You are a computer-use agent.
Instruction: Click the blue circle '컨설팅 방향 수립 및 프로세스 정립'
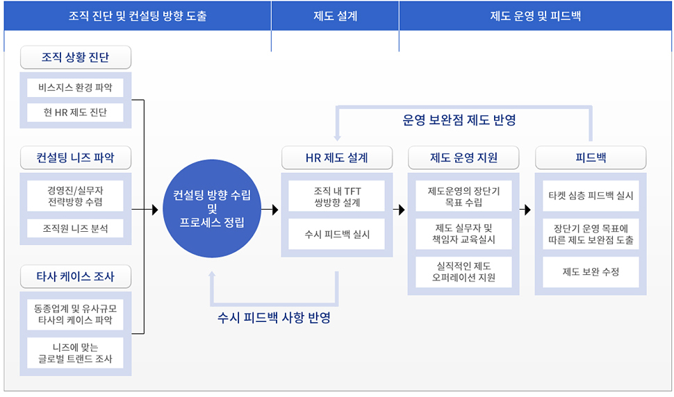(x=212, y=209)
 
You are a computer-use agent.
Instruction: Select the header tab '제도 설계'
(x=336, y=16)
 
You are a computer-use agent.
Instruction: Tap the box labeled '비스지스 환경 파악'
(x=75, y=87)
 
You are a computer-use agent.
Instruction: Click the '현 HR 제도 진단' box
(x=75, y=112)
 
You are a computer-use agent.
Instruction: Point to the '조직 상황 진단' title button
(x=76, y=57)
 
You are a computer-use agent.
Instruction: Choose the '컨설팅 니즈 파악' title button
(x=76, y=158)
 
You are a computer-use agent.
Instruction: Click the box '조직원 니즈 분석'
(x=75, y=228)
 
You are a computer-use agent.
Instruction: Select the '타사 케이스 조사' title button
(x=76, y=276)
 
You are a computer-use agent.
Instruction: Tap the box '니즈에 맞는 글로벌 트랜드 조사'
(x=75, y=353)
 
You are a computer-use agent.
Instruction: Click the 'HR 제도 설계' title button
(x=337, y=158)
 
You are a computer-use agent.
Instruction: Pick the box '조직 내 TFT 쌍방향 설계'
(x=336, y=196)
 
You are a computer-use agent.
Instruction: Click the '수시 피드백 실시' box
(x=336, y=235)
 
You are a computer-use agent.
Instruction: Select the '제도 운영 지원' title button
(x=463, y=158)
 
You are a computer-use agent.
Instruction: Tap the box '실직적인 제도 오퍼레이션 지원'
(x=463, y=272)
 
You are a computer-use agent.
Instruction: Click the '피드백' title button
(x=591, y=158)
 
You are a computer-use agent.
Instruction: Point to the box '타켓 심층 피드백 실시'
(x=591, y=196)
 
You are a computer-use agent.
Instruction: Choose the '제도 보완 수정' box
(x=591, y=272)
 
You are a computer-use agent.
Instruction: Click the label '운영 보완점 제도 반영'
(x=459, y=120)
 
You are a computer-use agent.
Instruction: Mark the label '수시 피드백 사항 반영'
(x=274, y=318)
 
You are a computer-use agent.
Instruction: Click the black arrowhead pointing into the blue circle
(x=155, y=210)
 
